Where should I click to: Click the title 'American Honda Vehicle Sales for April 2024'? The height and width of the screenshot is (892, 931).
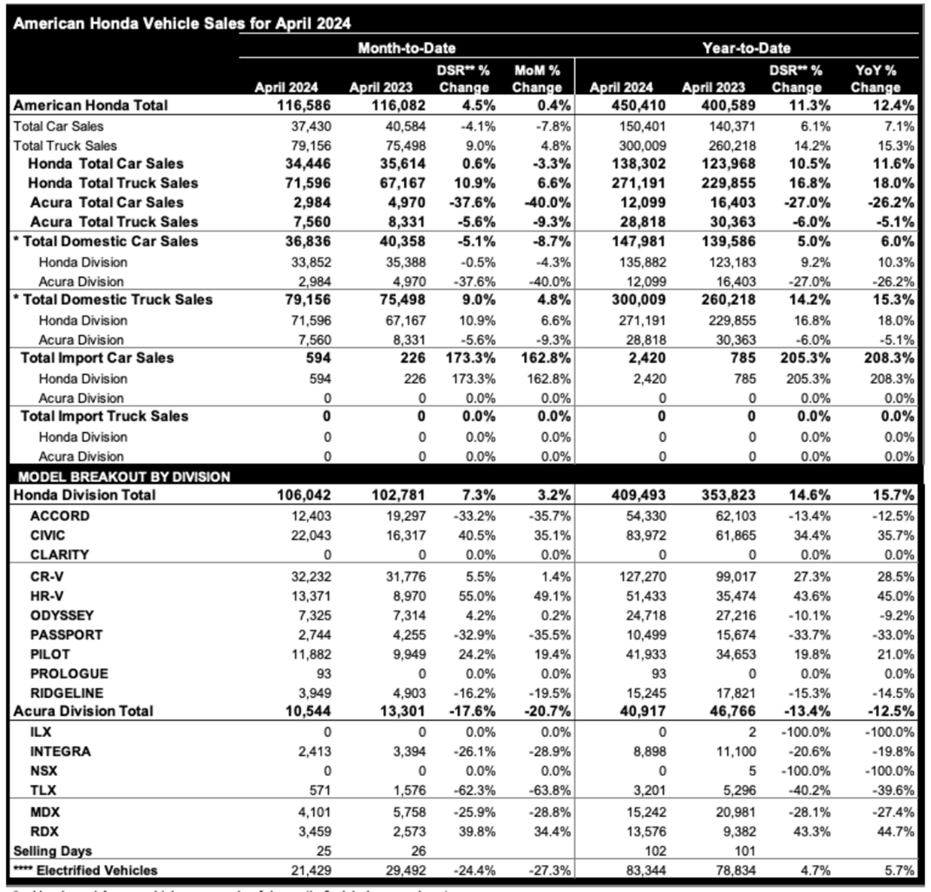click(182, 23)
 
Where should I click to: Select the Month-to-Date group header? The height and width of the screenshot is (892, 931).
click(407, 48)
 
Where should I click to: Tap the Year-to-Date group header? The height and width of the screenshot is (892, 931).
click(746, 48)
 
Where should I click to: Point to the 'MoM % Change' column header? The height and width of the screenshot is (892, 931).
click(537, 79)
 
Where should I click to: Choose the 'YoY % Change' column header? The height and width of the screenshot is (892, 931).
click(875, 79)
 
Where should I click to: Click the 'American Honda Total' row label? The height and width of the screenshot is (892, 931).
click(90, 105)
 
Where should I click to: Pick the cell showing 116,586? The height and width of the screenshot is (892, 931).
click(304, 105)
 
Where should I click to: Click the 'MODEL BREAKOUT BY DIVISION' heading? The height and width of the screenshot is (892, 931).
click(124, 476)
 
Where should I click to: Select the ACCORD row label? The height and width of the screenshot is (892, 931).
click(60, 516)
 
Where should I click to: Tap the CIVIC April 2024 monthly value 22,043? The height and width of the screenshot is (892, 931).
click(311, 535)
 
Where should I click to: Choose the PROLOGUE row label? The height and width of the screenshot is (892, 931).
click(69, 673)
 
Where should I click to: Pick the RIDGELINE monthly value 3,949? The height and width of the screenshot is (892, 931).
click(315, 693)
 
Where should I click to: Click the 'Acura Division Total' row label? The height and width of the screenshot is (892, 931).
click(83, 711)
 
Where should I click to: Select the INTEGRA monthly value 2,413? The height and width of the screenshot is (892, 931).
click(315, 751)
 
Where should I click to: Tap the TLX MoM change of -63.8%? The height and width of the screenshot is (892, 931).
click(550, 790)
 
